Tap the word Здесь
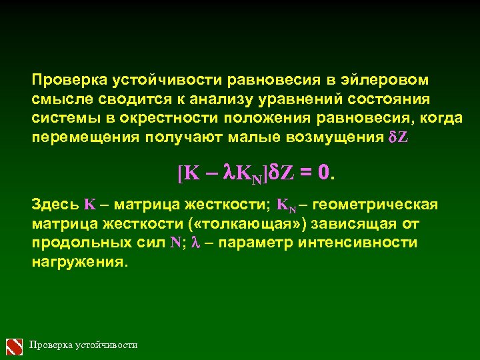pos(55,203)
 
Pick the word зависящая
pos(360,222)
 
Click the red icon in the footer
pos(15,346)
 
